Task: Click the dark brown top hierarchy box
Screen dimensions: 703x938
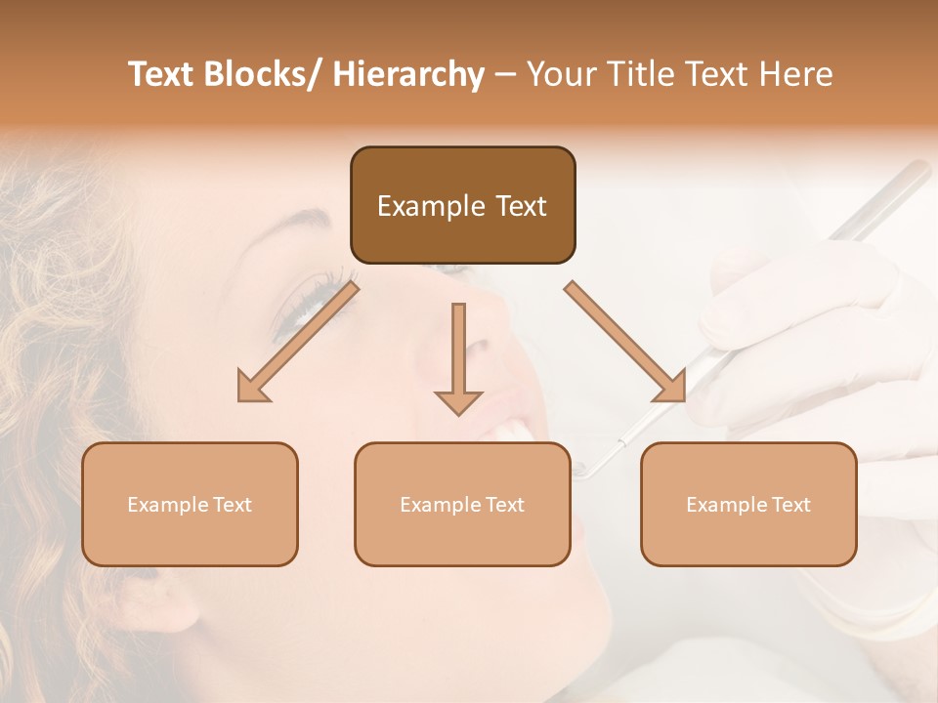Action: tap(462, 205)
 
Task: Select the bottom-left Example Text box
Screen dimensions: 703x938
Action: tap(190, 504)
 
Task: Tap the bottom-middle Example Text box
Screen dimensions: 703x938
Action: tap(462, 504)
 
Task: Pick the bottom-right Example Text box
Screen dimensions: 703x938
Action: tap(748, 504)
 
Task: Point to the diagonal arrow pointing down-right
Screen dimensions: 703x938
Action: tap(625, 342)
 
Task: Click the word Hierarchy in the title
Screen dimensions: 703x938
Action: tap(408, 74)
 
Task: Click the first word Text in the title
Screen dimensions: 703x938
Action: tap(161, 74)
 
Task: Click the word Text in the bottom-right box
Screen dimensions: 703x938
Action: tap(790, 505)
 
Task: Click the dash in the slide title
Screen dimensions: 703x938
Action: tap(505, 75)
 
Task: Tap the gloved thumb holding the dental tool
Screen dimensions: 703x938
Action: tap(743, 312)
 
